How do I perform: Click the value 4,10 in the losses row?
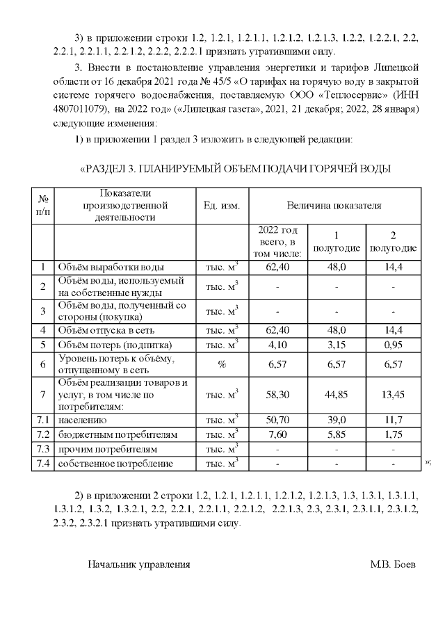(x=277, y=344)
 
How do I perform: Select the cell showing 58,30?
(x=277, y=395)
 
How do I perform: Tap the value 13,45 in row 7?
(x=393, y=395)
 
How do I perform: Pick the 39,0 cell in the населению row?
(x=337, y=420)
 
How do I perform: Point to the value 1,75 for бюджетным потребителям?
(x=393, y=434)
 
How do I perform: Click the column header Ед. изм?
(x=222, y=206)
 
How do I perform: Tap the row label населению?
(x=82, y=420)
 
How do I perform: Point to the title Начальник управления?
(x=138, y=564)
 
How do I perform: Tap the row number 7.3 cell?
(x=43, y=449)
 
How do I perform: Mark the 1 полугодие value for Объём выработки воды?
(x=337, y=267)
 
